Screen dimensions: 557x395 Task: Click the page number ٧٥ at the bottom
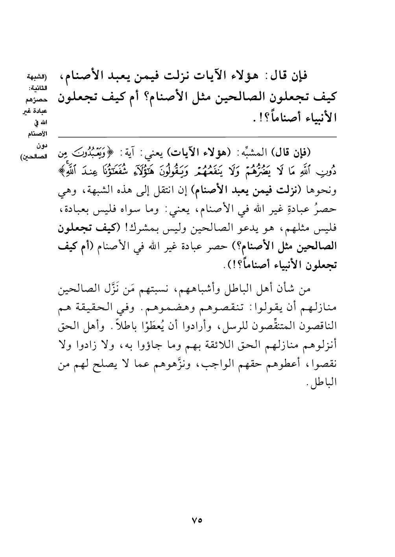tap(197, 519)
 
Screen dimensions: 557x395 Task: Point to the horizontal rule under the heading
tap(197, 137)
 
